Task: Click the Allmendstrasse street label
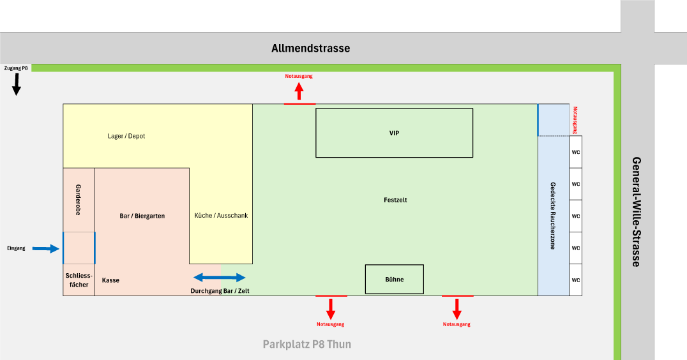310,49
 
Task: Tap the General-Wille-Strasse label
637,211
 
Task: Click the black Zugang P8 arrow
17,84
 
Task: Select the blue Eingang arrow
45,248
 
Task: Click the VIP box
394,133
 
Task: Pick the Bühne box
394,279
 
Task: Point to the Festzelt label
395,200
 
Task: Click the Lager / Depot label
126,136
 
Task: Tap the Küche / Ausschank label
221,216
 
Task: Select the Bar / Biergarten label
142,216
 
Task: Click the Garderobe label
79,199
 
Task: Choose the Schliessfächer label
79,280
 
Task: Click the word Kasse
110,280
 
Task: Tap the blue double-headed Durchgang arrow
219,277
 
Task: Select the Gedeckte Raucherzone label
553,216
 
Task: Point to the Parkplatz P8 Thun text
306,345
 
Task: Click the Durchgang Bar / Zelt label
220,291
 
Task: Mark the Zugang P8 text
16,68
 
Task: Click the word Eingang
17,248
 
